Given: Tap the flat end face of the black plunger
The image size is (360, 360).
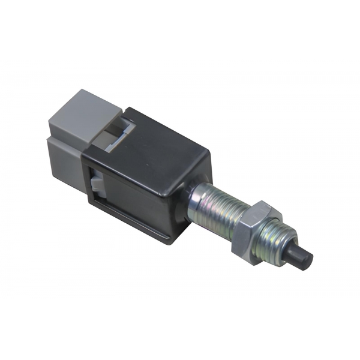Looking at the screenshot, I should [306, 259].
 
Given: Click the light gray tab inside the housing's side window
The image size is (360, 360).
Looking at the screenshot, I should [97, 182].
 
